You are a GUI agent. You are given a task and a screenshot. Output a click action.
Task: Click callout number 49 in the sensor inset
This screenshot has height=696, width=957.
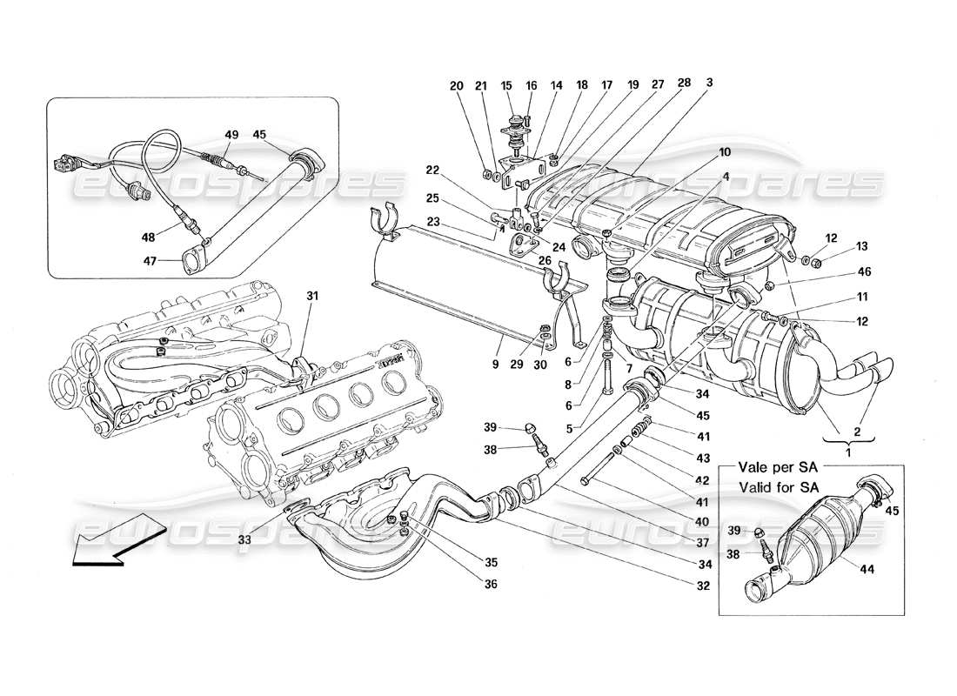[231, 135]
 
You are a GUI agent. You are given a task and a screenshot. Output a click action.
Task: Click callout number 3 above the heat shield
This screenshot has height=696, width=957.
[709, 84]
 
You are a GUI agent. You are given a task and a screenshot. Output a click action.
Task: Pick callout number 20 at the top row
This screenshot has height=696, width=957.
[458, 85]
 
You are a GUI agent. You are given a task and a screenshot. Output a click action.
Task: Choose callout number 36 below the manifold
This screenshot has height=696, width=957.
[491, 585]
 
